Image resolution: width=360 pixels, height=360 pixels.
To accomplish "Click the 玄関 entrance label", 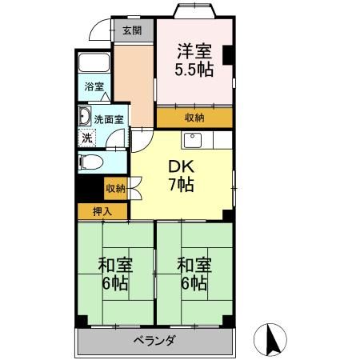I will (132, 31).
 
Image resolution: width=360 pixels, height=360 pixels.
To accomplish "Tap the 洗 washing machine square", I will (86, 138).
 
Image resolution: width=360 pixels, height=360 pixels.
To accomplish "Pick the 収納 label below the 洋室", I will (194, 118).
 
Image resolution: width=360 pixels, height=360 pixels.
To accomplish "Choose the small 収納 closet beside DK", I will (114, 189).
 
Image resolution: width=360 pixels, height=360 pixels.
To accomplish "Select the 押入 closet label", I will (102, 212).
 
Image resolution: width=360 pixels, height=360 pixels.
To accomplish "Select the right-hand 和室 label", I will (194, 265).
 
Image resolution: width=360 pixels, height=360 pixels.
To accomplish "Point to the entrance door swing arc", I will (99, 30).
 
